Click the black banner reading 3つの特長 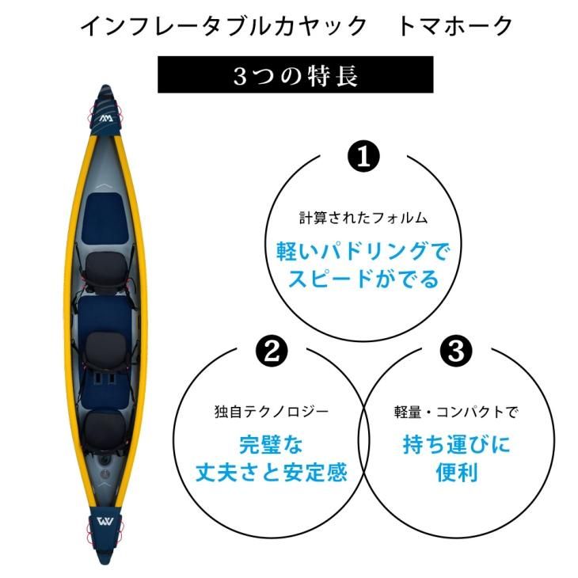point(295,75)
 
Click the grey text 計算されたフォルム point(363,218)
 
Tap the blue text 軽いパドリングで point(363,252)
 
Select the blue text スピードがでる point(363,280)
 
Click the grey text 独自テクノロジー point(271,412)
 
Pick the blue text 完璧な point(271,445)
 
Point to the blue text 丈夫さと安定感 point(271,473)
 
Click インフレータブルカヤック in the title point(224,26)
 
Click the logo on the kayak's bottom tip point(107,523)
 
